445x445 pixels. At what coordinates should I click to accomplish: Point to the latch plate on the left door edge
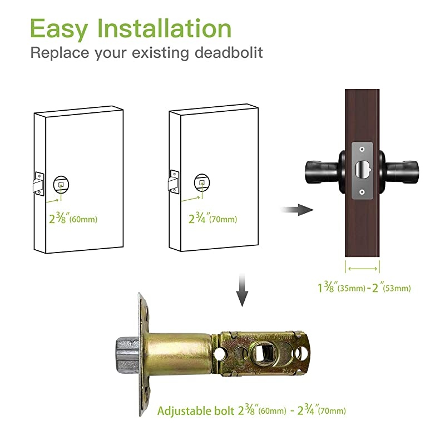(38, 182)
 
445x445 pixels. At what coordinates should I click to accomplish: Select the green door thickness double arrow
(363, 268)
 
